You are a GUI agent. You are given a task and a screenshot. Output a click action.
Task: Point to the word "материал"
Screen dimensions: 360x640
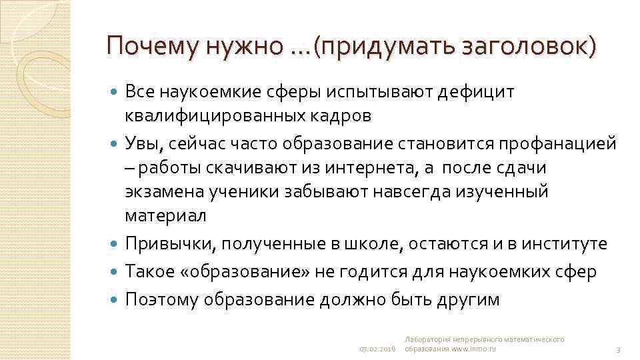tap(165, 216)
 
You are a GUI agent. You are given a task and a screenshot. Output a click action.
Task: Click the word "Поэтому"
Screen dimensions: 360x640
tap(162, 299)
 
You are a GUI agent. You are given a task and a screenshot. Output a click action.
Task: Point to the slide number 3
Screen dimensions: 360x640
tap(619, 349)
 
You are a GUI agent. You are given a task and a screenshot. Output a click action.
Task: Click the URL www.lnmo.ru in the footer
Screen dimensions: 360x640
tap(474, 349)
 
